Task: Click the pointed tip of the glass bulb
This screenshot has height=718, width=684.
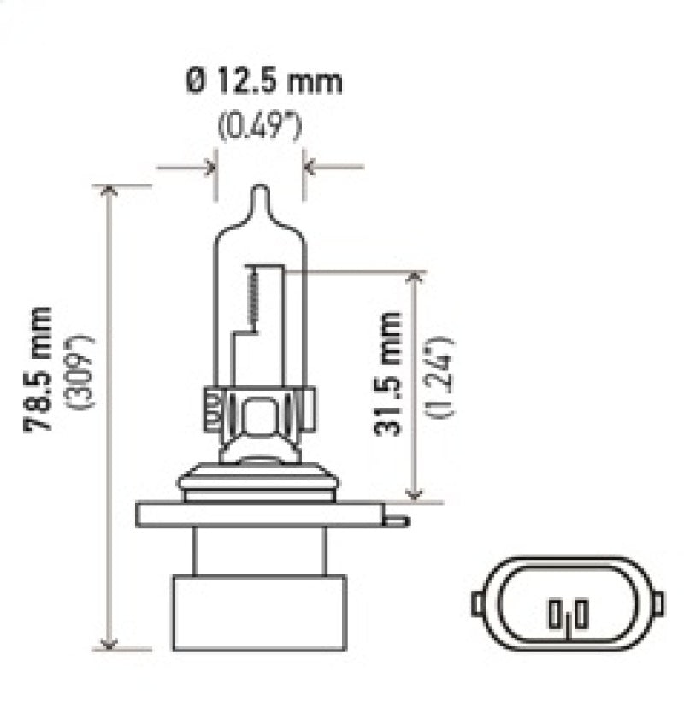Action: pos(260,190)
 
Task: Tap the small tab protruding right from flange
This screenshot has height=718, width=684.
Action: pos(397,518)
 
